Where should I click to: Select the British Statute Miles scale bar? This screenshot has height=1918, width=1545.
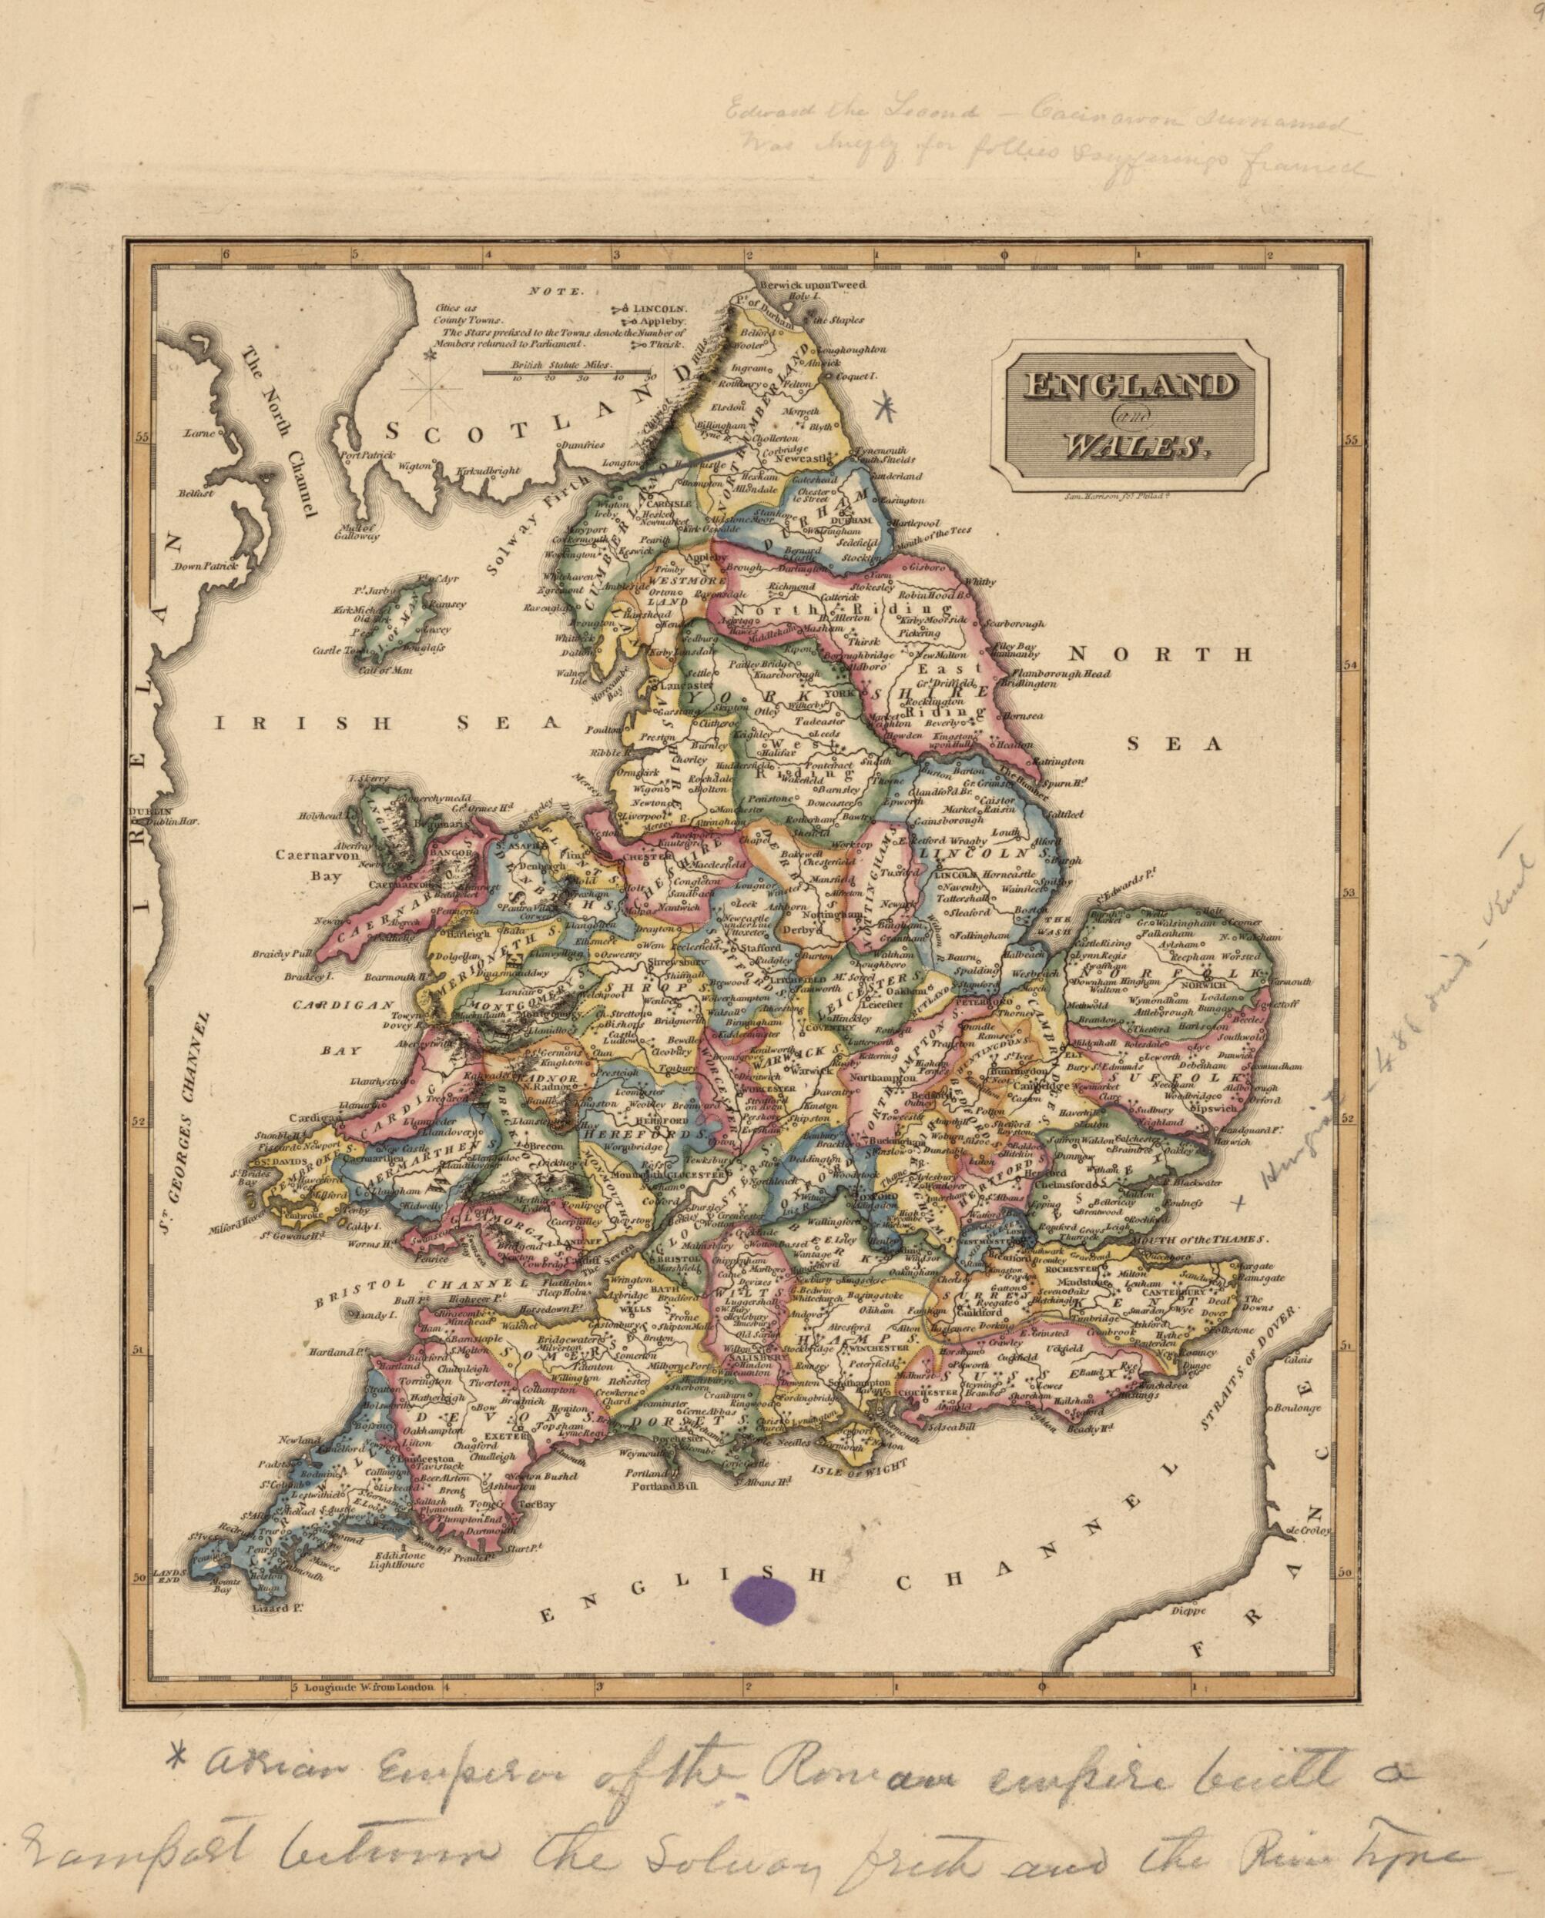(x=565, y=372)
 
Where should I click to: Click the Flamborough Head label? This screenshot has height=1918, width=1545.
(x=1064, y=674)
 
